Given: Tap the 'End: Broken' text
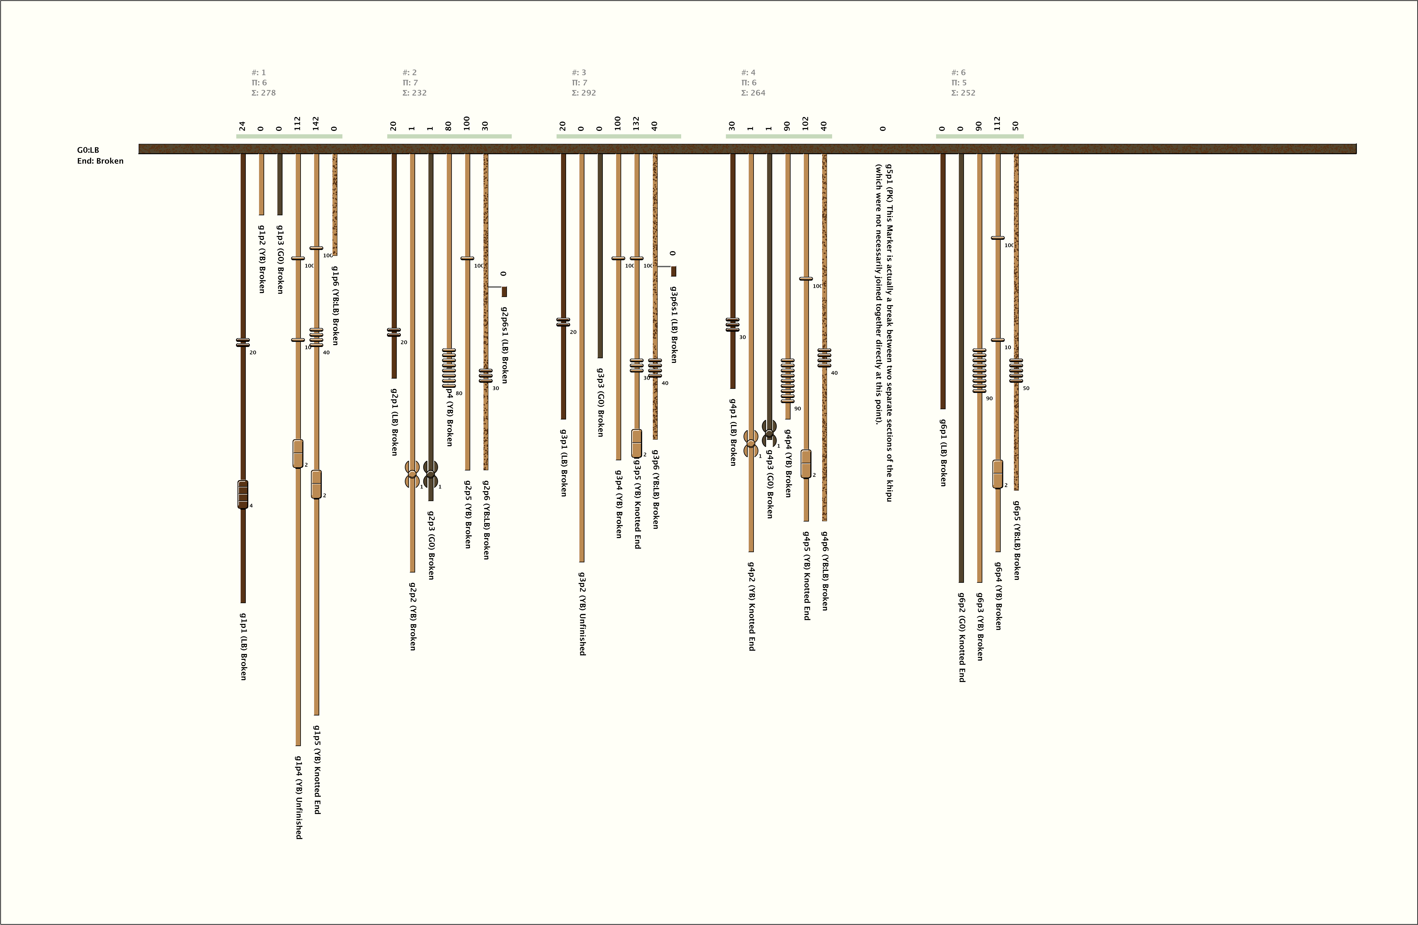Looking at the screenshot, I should tap(100, 161).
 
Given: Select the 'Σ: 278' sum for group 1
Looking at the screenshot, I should tap(263, 93).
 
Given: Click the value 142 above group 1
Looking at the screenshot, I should tap(316, 123).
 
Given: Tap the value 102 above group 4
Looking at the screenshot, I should tap(806, 123).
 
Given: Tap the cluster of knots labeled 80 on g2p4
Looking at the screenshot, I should tap(449, 368).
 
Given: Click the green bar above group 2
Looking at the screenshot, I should tap(449, 136).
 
